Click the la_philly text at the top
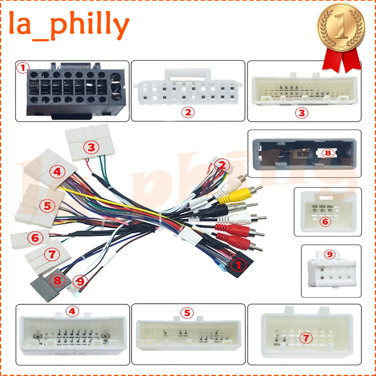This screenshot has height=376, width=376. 69,25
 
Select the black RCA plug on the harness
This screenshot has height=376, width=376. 228,210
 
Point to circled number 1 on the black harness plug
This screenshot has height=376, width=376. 238,265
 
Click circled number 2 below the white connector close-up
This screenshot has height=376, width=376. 188,112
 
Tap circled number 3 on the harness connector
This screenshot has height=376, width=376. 91,147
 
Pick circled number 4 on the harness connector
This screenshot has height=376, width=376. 57,172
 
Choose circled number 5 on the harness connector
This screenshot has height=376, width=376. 47,206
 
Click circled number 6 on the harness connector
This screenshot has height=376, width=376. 35,238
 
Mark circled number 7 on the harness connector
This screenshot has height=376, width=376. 52,255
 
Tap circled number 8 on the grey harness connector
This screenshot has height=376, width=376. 57,280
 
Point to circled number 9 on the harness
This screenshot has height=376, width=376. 80,281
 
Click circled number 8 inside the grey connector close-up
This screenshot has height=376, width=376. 328,153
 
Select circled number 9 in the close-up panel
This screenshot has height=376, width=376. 330,254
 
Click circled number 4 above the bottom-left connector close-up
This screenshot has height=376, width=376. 72,311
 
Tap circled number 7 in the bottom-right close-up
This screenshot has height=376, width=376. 306,338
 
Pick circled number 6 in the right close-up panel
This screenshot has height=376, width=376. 325,221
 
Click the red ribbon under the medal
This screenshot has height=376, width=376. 341,60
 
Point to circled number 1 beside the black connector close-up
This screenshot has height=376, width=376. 23,68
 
